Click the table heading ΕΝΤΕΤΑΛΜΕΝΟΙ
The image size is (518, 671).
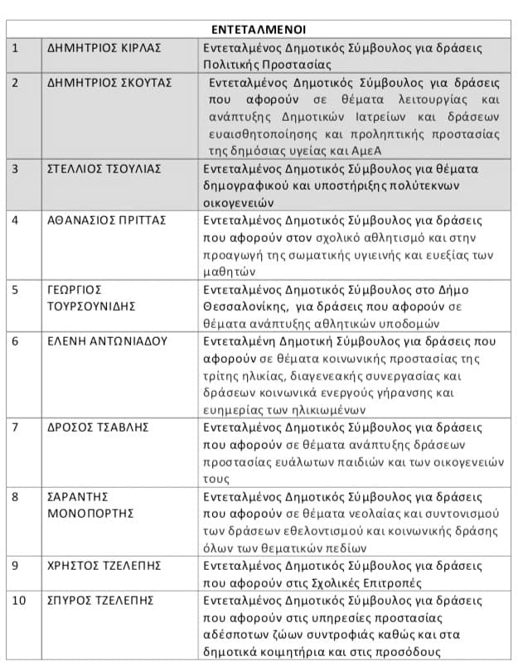[x=259, y=28]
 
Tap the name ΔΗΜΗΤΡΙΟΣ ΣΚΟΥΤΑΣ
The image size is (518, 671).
[x=109, y=84]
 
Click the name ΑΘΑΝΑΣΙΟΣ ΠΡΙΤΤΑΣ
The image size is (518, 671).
[x=107, y=220]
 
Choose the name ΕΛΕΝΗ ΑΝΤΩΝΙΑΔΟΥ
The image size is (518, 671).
[x=107, y=340]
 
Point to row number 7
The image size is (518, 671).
[x=15, y=427]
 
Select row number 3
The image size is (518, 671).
[x=15, y=169]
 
